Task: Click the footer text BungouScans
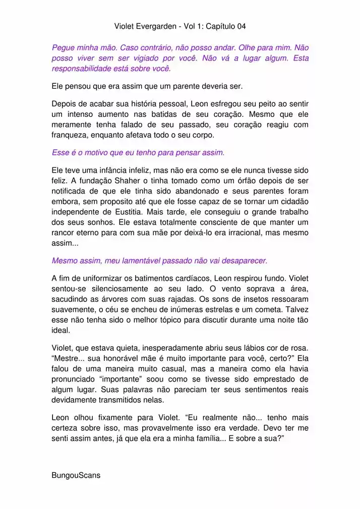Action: (x=76, y=475)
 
